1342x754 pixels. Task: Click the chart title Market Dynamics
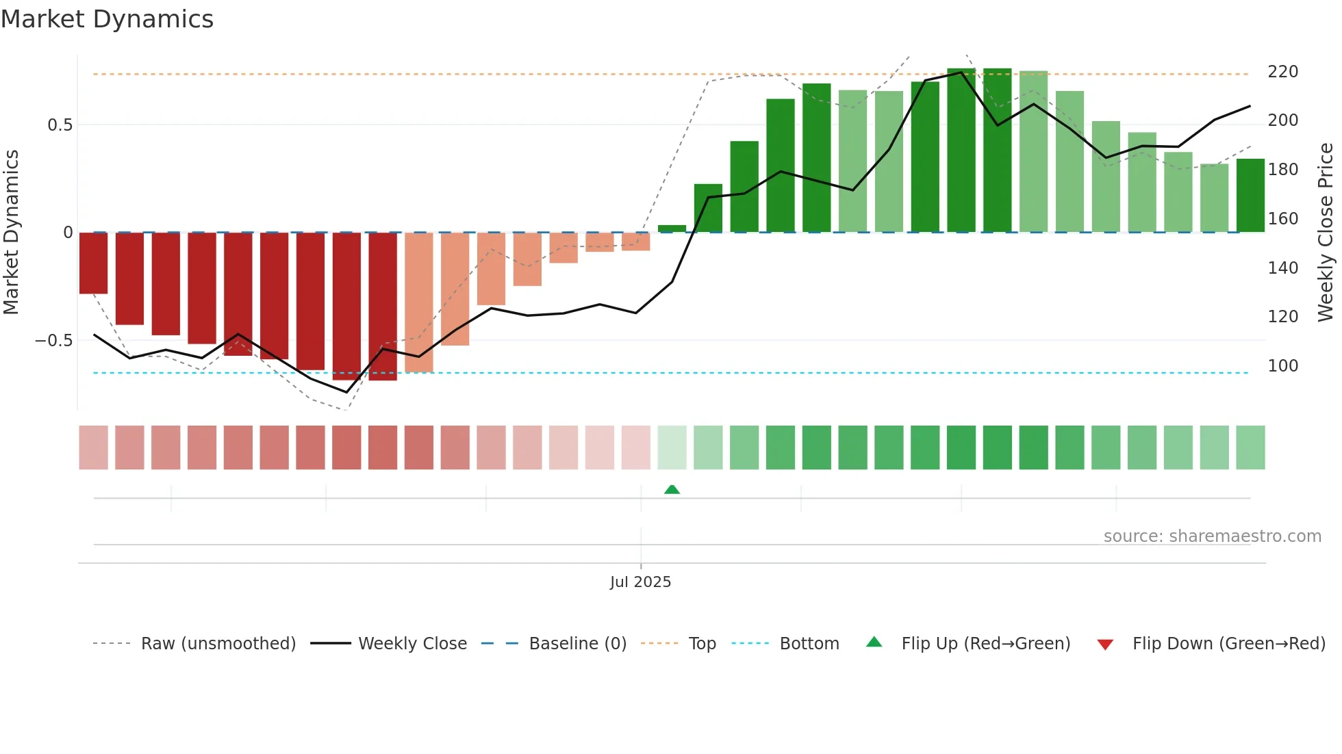pos(107,19)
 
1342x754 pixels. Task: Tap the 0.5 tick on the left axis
pos(60,125)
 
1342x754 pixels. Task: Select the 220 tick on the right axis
pos(1282,72)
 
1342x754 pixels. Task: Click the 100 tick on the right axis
pos(1282,366)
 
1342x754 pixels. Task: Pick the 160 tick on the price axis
pos(1282,219)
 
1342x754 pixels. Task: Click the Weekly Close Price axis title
pos(1326,233)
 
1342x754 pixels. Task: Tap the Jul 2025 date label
pos(640,582)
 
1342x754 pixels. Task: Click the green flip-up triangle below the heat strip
pos(672,489)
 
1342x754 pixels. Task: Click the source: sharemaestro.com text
pos(1212,536)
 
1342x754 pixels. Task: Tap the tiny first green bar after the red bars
pos(672,229)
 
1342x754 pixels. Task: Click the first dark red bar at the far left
pos(93,263)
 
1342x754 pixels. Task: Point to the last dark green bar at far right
pos(1250,196)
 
